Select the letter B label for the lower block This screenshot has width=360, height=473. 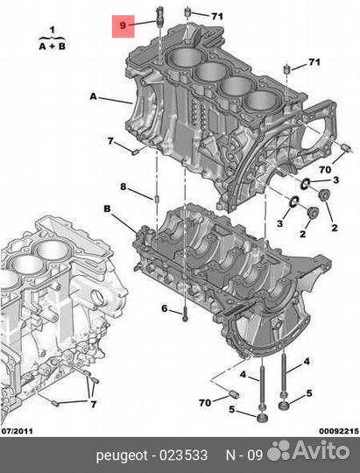tap(108, 208)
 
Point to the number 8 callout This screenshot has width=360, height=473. tap(124, 187)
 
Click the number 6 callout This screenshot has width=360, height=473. tap(164, 308)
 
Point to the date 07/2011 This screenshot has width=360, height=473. tap(18, 430)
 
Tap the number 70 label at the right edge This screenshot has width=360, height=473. tap(324, 170)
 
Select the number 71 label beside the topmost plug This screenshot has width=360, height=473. tap(216, 16)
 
